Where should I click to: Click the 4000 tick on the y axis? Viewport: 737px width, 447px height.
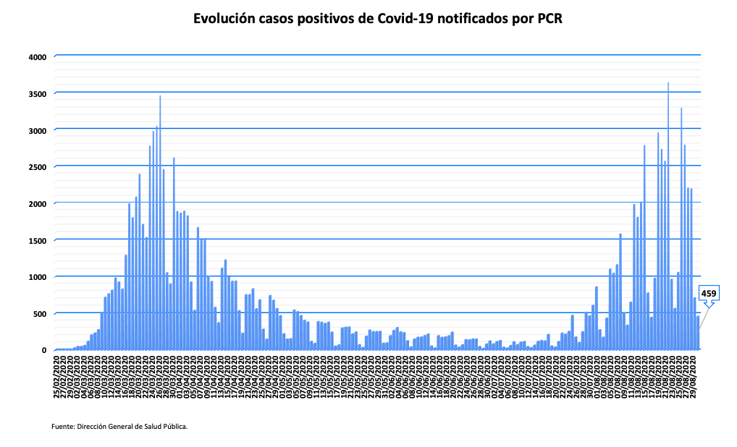[37, 57]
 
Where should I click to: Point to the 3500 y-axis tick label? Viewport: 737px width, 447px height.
[37, 94]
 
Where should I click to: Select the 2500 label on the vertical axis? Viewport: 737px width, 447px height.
[37, 167]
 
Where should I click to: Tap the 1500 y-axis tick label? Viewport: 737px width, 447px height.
[37, 240]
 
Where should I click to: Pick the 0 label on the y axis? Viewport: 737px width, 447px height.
[44, 351]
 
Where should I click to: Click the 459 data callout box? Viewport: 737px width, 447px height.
[709, 294]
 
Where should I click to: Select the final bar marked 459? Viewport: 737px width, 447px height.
[699, 333]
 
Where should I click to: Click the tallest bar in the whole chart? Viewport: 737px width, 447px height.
[668, 217]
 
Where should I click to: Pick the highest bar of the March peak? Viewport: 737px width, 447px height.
[160, 224]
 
